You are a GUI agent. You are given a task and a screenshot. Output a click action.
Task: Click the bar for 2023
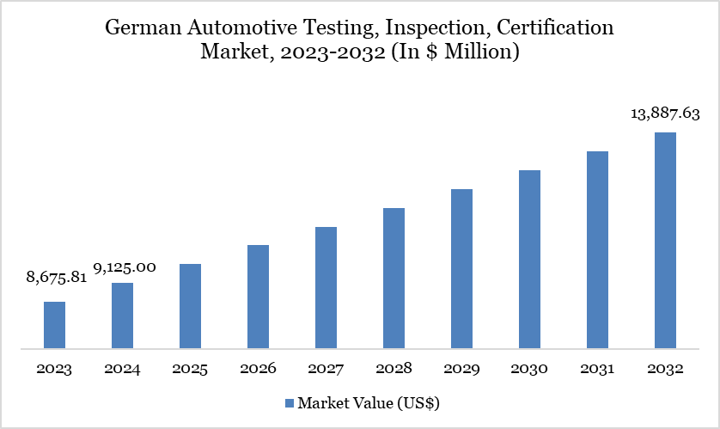tap(54, 325)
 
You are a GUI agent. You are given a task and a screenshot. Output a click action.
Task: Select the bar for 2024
tap(122, 316)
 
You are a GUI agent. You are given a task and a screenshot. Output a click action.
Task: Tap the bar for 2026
tap(258, 297)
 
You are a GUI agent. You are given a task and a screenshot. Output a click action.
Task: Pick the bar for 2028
tap(394, 278)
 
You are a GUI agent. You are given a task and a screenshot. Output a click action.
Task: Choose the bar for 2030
tap(529, 259)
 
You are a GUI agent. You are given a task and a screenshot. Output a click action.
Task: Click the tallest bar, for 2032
tap(665, 241)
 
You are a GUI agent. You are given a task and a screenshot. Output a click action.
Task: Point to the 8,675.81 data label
tap(57, 278)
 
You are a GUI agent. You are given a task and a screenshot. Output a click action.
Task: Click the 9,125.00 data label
tap(125, 267)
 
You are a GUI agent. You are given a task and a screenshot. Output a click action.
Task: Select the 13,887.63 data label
tap(666, 115)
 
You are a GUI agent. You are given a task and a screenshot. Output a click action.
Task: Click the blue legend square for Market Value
tap(290, 402)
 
